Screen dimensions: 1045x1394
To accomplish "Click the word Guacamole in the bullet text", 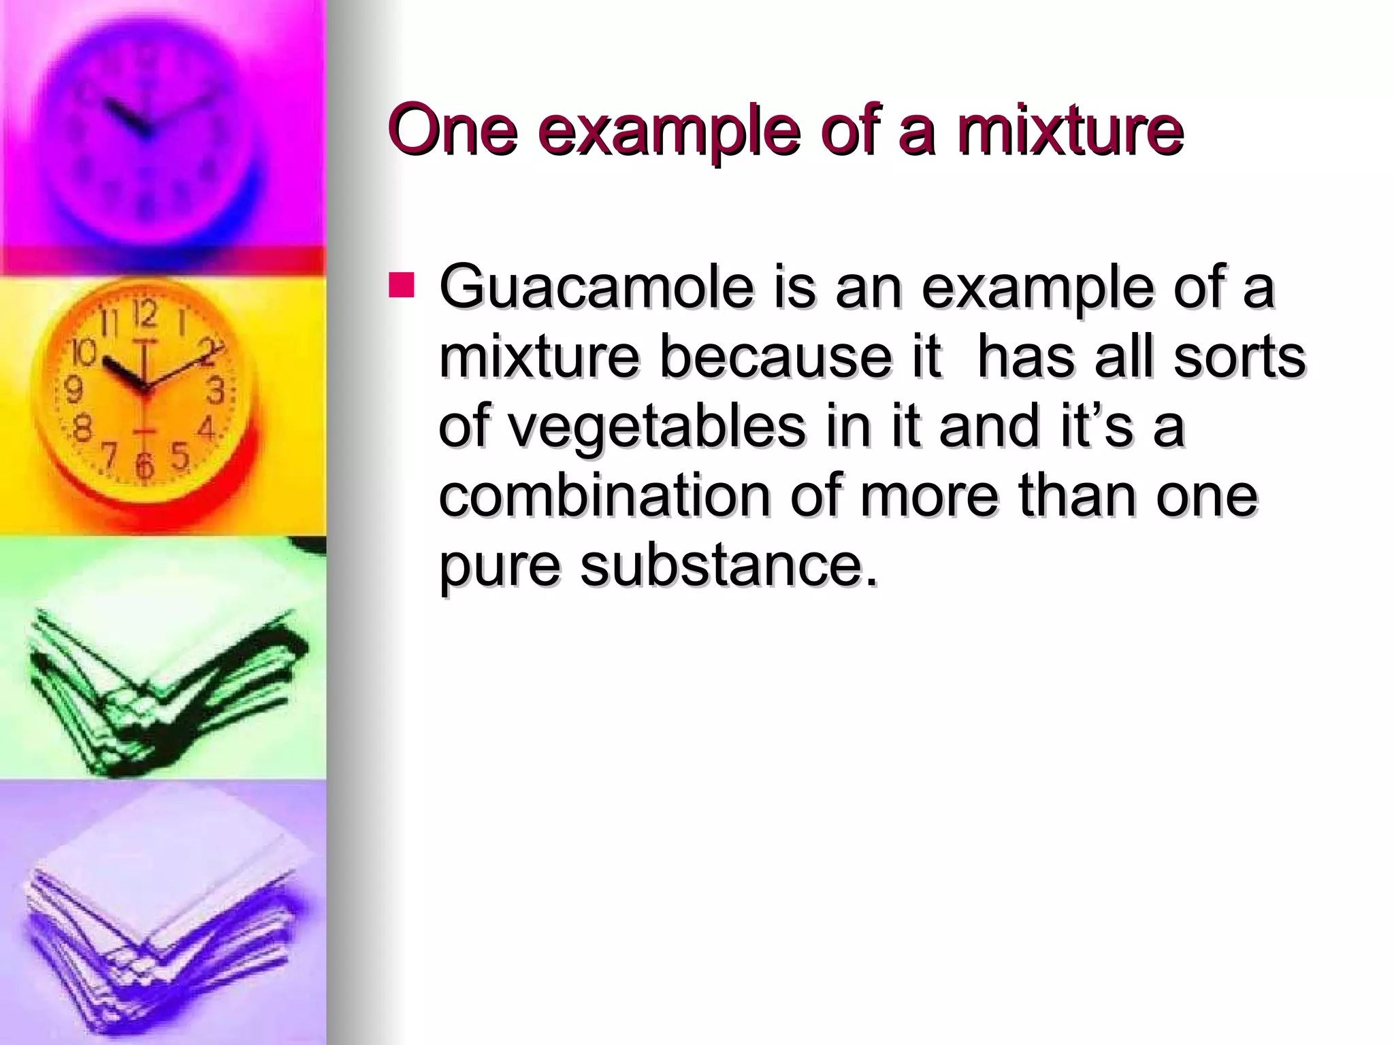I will (596, 288).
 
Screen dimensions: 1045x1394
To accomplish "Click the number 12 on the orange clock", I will (145, 314).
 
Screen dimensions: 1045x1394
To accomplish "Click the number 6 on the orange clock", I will (144, 467).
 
